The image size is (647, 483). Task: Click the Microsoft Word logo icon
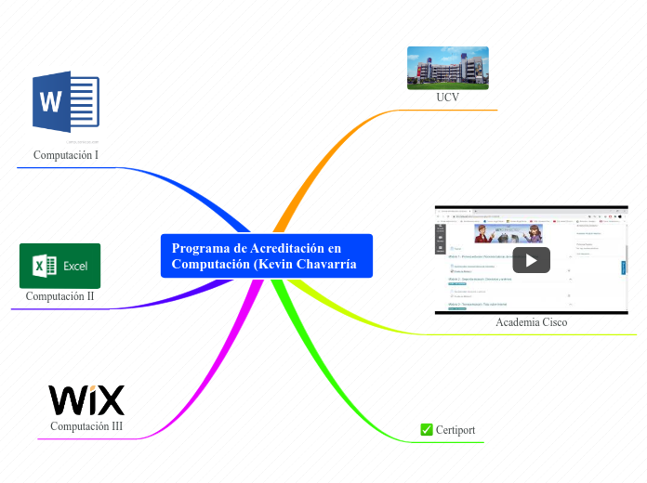pyautogui.click(x=65, y=103)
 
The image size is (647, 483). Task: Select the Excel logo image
pyautogui.click(x=59, y=266)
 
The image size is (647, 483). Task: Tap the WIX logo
pyautogui.click(x=86, y=400)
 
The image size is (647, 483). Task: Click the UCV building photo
pyautogui.click(x=448, y=68)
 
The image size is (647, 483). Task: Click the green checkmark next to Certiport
pyautogui.click(x=427, y=429)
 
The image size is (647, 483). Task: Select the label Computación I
pyautogui.click(x=66, y=155)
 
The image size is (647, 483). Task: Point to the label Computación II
pyautogui.click(x=59, y=297)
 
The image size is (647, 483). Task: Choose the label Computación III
pyautogui.click(x=86, y=426)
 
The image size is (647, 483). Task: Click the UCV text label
pyautogui.click(x=448, y=98)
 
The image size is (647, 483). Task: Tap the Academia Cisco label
pyautogui.click(x=531, y=322)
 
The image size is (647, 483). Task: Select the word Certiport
pyautogui.click(x=456, y=430)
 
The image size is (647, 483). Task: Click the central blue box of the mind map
pyautogui.click(x=266, y=255)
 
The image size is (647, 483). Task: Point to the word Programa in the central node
pyautogui.click(x=200, y=248)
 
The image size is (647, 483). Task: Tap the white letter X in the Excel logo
pyautogui.click(x=40, y=267)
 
